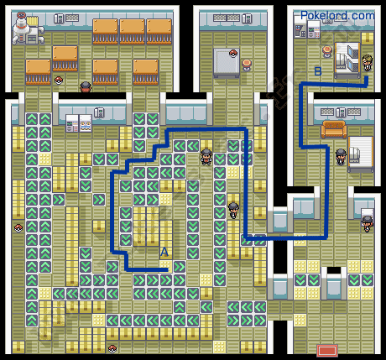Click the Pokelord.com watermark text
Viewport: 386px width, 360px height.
point(337,15)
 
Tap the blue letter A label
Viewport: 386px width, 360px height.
point(164,252)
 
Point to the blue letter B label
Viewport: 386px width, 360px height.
point(318,71)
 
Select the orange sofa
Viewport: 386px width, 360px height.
point(334,129)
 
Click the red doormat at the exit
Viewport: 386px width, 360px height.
point(327,351)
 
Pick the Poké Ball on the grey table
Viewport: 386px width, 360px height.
point(233,53)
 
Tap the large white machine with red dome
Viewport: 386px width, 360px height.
point(28,29)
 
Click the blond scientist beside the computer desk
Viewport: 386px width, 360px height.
point(367,63)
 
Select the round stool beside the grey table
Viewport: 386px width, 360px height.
point(247,65)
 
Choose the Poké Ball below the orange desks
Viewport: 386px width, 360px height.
point(59,81)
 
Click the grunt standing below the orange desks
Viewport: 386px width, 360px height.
point(86,87)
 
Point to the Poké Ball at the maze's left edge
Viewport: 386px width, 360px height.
point(18,228)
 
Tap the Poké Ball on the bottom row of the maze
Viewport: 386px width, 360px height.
point(112,348)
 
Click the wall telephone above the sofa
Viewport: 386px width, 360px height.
point(341,112)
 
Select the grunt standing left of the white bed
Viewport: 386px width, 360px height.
point(341,157)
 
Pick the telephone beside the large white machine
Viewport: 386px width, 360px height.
point(59,18)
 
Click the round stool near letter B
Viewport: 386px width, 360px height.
point(326,51)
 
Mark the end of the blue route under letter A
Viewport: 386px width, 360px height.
point(167,270)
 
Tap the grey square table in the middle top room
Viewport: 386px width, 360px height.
point(227,63)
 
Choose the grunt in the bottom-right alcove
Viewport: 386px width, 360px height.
point(367,224)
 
